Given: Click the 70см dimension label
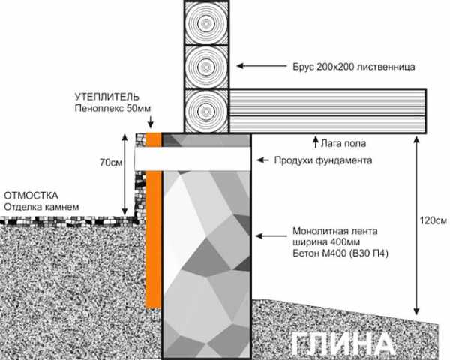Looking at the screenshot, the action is [111, 163].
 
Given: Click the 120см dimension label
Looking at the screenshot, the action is [433, 220].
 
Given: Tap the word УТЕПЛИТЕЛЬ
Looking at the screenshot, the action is [106, 97].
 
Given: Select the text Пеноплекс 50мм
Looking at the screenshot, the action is [112, 109].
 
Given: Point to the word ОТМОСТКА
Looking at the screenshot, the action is [31, 196].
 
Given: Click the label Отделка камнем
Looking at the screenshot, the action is [41, 207].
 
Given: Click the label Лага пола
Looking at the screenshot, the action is [343, 143].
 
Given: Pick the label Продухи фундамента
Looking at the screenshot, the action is [323, 160].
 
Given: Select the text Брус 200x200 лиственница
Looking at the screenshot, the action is [354, 67].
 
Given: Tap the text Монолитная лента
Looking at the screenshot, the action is [335, 231].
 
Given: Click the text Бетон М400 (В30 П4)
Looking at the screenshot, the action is [340, 253].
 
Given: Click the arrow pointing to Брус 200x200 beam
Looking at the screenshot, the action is [262, 66].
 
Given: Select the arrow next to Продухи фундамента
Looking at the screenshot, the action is [263, 160].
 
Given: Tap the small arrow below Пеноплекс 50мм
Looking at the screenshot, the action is [151, 121].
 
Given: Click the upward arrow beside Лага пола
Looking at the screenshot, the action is [316, 142].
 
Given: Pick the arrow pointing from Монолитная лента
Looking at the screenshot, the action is [271, 236].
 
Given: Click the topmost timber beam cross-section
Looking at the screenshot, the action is [206, 22].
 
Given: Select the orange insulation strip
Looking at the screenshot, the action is [154, 220].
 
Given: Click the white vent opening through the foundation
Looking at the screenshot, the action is [193, 159].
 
